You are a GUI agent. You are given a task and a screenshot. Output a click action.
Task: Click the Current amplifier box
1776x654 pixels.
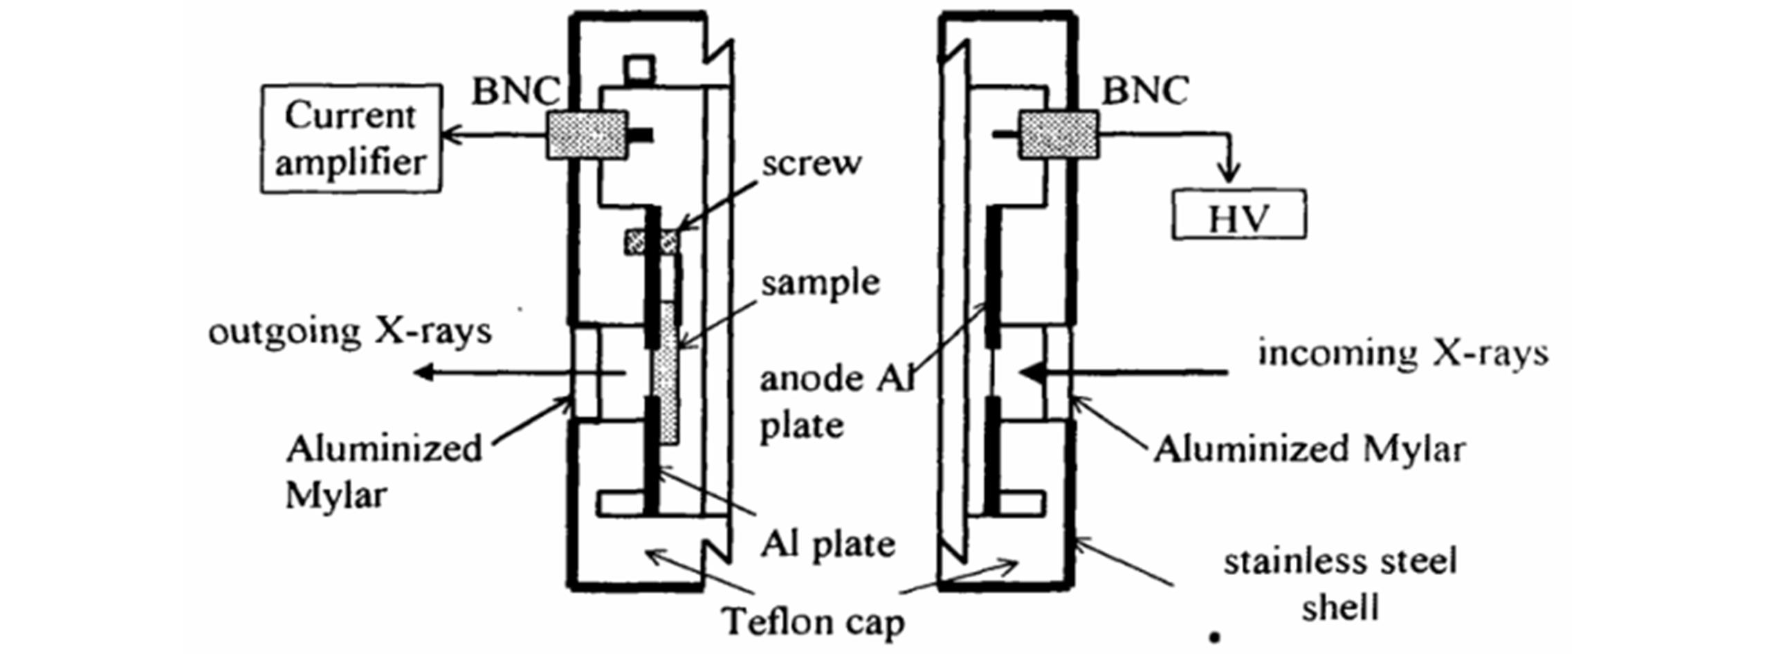click(x=350, y=138)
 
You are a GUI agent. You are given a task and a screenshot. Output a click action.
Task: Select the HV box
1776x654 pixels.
click(x=1238, y=215)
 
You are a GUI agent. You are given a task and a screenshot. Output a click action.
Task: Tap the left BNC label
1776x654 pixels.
click(x=515, y=91)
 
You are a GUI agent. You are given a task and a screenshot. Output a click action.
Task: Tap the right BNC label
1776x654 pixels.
click(x=1145, y=91)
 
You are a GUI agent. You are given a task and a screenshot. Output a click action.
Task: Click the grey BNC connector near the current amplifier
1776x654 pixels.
click(x=587, y=135)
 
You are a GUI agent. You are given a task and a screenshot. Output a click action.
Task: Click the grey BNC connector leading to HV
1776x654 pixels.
click(x=1056, y=134)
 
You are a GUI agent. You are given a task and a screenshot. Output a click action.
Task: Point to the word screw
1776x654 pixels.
click(x=812, y=164)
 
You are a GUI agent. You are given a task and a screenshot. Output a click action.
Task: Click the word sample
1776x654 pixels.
click(x=820, y=283)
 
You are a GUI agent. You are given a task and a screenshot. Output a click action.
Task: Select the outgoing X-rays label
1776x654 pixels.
click(x=350, y=331)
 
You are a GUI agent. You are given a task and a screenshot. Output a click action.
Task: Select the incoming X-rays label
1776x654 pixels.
click(x=1402, y=354)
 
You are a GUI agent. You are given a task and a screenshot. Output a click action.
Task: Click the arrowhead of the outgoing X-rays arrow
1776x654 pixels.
click(x=423, y=373)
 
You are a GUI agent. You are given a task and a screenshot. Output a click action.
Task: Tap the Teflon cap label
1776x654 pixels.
click(x=813, y=621)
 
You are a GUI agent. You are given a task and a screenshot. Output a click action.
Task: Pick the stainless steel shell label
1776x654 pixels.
click(x=1340, y=584)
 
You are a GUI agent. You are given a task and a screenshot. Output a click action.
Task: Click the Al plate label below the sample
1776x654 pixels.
click(x=827, y=545)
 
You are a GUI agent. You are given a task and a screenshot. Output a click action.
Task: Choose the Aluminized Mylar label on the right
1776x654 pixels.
click(x=1309, y=450)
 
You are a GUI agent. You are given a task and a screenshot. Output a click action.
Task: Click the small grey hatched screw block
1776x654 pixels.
click(x=650, y=242)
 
